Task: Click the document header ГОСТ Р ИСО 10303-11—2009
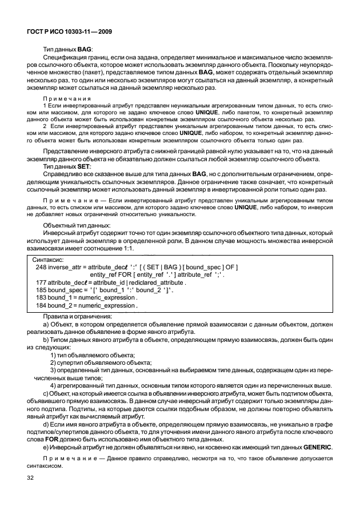tap(69, 33)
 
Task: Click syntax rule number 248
tap(41, 267)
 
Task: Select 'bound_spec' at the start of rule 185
tap(66, 290)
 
